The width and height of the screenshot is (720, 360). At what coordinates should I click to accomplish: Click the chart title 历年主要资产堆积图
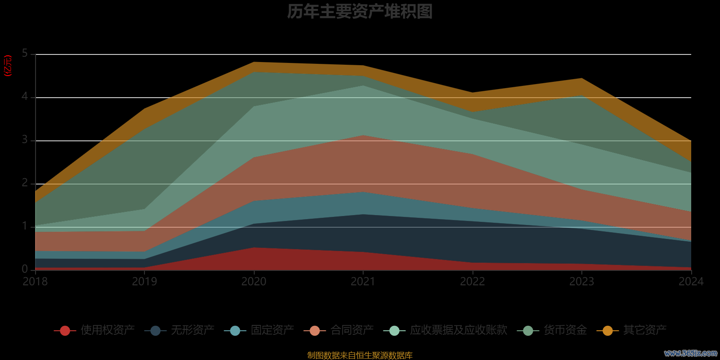click(x=360, y=12)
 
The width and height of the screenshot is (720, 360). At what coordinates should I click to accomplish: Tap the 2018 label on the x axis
click(x=35, y=282)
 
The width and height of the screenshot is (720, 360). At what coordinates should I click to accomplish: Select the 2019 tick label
click(x=144, y=282)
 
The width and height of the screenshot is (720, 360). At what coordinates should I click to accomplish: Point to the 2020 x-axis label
click(x=254, y=282)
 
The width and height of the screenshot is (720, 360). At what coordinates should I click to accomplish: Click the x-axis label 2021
click(x=363, y=282)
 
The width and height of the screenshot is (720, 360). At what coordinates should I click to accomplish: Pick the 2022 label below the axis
click(x=472, y=282)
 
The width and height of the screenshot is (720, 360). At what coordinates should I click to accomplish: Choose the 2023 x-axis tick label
click(x=582, y=282)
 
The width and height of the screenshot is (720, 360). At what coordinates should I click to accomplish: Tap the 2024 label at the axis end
click(x=691, y=282)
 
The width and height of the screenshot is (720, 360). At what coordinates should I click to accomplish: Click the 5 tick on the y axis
click(x=25, y=54)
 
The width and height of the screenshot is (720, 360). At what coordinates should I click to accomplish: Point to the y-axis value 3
click(x=25, y=140)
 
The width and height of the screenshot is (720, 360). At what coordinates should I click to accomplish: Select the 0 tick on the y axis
click(x=25, y=269)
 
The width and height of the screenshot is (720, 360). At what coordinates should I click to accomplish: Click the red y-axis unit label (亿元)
click(x=8, y=66)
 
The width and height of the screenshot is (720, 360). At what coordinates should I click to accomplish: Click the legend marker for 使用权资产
click(x=65, y=331)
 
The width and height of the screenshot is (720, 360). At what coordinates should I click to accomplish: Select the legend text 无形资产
click(x=193, y=330)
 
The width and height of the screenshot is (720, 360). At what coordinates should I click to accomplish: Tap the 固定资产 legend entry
click(x=272, y=330)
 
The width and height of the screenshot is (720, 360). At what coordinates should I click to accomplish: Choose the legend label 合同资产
click(x=352, y=330)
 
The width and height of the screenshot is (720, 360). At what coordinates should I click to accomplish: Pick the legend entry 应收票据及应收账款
click(x=459, y=330)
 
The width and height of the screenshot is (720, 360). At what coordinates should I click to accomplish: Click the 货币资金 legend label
click(x=565, y=330)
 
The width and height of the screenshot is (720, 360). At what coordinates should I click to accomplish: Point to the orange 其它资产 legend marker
click(x=607, y=331)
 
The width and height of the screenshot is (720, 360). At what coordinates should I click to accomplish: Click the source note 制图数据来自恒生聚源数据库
click(x=360, y=355)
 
